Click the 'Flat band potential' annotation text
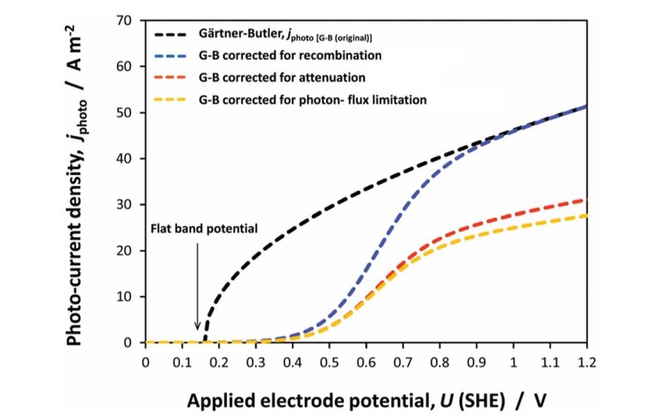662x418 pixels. (204, 228)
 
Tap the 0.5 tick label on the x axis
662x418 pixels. (329, 362)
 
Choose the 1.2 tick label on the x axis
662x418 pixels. (587, 362)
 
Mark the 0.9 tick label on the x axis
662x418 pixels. (476, 362)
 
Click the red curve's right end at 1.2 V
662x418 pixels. (586, 200)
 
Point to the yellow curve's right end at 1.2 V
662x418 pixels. (586, 216)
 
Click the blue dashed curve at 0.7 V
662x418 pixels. (403, 207)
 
